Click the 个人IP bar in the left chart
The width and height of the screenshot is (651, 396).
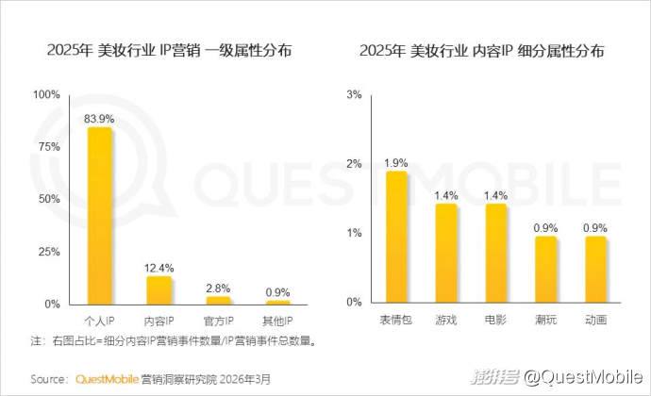(100, 217)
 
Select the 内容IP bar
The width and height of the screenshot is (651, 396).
(159, 290)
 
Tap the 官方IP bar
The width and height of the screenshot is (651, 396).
(218, 300)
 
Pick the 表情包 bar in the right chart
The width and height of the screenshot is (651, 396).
(396, 237)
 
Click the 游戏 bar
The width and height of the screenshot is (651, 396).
(445, 253)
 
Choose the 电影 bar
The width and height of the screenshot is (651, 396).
(495, 253)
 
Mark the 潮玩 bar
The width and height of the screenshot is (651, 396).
(545, 270)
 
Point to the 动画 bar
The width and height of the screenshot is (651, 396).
(595, 270)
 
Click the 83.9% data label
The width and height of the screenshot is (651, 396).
(100, 119)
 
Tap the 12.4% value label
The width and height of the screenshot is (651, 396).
(159, 268)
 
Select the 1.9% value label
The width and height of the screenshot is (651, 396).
(396, 162)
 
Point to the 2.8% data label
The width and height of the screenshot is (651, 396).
(218, 288)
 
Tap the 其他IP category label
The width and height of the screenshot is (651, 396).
(277, 321)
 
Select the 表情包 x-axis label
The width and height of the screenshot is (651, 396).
(396, 321)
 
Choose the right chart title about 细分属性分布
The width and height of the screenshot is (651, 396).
(482, 51)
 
